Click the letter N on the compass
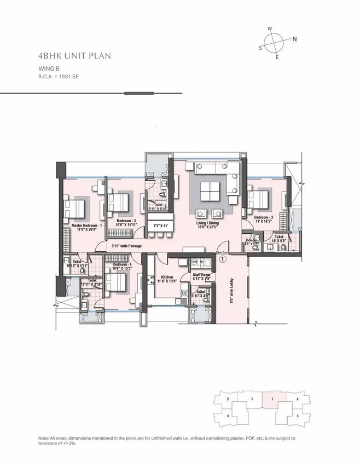point(294,39)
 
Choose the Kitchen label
point(166,278)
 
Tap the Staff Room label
point(201,275)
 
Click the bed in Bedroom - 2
point(258,198)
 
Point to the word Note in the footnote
point(44,439)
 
